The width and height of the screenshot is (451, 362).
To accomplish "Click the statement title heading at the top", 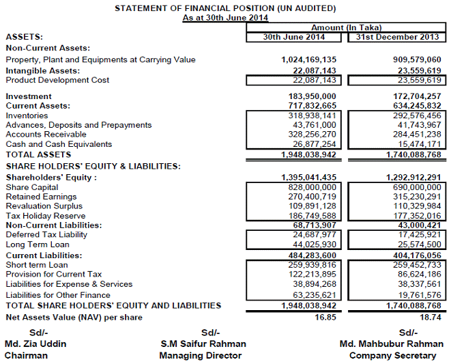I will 225,8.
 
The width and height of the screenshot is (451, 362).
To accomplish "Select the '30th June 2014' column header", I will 295,36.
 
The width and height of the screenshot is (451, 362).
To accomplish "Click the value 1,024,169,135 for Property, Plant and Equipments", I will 308,59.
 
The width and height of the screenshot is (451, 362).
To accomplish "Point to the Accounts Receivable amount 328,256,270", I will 310,135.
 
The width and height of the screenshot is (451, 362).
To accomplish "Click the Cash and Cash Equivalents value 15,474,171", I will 416,144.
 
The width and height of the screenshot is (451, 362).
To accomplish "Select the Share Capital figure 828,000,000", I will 310,187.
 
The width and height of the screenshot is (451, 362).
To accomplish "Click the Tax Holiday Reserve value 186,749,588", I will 310,216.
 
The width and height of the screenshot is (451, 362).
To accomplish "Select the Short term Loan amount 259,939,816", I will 310,264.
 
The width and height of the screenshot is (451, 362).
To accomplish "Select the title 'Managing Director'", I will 200,356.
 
